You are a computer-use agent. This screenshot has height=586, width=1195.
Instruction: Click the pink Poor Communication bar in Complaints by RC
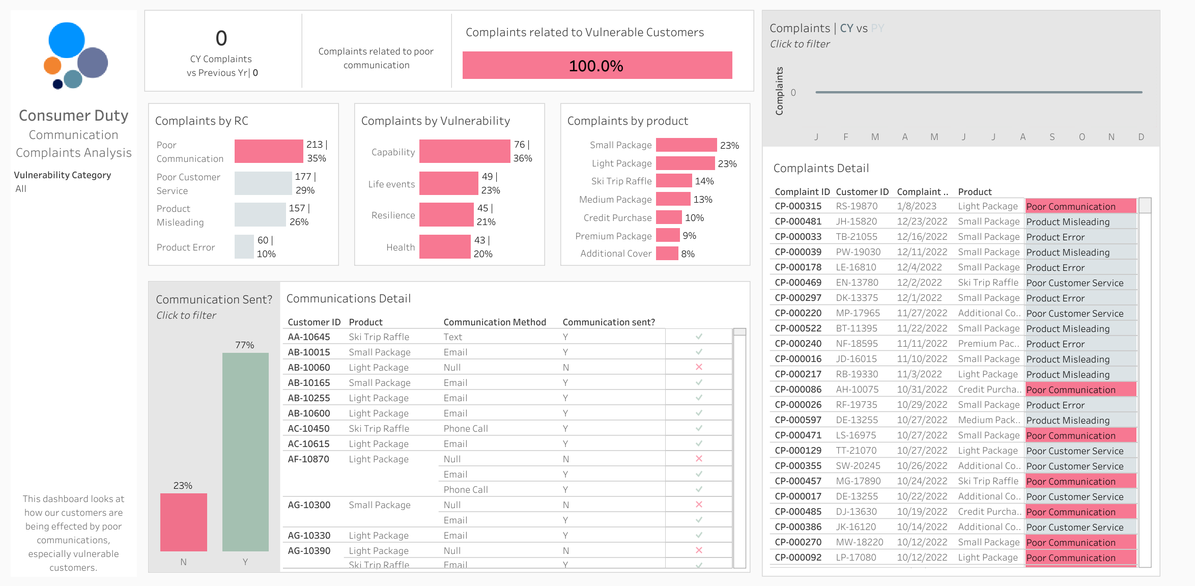[269, 151]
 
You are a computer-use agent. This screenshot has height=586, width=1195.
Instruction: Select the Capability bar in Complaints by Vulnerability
[465, 151]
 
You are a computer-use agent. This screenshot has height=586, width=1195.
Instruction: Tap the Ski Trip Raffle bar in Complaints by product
[674, 181]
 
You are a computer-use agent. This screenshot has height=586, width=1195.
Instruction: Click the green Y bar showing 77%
[245, 452]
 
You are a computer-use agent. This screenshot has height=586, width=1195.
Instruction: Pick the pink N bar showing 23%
[184, 522]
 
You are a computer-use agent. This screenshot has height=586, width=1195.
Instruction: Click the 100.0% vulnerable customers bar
[597, 65]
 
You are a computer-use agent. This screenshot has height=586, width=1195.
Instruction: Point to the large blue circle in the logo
[67, 40]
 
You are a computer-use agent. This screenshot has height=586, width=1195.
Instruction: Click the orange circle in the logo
[52, 66]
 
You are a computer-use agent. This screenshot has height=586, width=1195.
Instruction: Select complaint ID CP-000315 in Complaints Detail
[798, 206]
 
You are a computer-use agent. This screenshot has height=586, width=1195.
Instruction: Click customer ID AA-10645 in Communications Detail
[309, 337]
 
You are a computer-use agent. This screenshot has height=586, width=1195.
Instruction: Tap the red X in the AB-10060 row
[699, 367]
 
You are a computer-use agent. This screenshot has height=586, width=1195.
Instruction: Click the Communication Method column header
[495, 322]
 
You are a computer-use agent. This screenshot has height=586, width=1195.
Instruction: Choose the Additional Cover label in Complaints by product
[616, 254]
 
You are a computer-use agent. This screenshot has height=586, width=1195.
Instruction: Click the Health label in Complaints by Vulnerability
[401, 247]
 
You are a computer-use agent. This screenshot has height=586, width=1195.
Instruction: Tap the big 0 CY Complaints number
[221, 38]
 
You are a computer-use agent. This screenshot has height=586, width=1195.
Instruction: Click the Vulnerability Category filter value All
[21, 189]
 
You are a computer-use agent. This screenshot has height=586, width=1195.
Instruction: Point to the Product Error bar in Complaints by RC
[244, 247]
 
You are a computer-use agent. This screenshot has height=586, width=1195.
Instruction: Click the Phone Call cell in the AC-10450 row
[466, 429]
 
